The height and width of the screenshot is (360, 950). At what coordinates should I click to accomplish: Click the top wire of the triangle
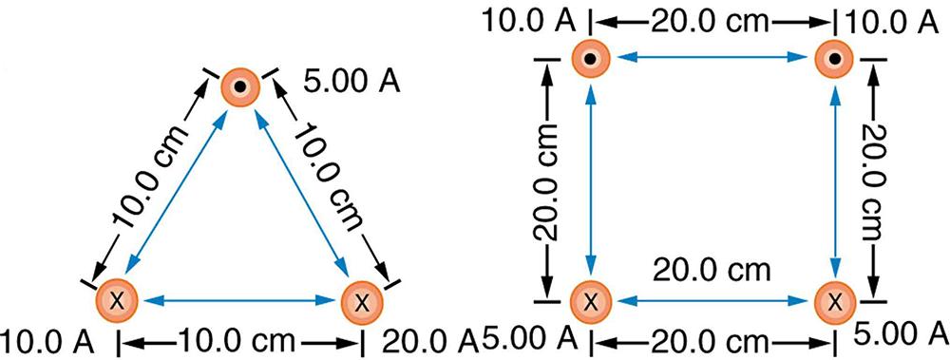(x=239, y=87)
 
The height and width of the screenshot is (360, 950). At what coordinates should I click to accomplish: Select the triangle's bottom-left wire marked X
(x=117, y=301)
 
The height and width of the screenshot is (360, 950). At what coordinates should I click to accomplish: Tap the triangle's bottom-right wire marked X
(x=362, y=301)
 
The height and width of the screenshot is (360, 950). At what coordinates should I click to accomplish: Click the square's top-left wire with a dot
(x=591, y=60)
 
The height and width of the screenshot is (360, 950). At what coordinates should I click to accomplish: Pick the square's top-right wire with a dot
(x=834, y=60)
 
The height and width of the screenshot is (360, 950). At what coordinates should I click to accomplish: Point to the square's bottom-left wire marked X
(x=591, y=301)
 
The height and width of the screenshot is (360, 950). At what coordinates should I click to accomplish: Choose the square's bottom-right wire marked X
(x=834, y=301)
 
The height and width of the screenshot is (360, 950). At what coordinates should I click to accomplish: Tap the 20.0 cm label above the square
(x=712, y=20)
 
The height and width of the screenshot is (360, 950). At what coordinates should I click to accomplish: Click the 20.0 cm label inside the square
(x=711, y=270)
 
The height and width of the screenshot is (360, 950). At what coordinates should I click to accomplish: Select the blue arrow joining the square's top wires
(x=712, y=60)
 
